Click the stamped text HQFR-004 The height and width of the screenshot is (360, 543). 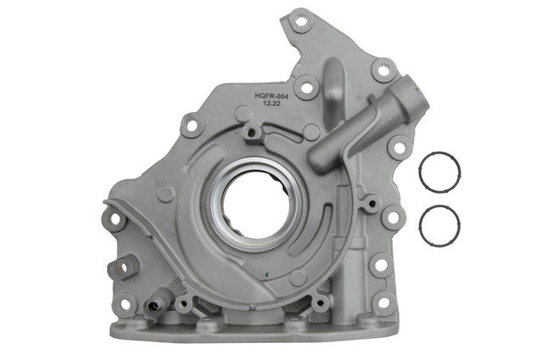tap(271, 96)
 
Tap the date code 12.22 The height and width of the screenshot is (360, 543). tap(271, 104)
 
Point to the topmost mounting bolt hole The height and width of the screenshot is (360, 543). tap(301, 21)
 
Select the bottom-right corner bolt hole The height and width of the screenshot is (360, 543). tap(384, 302)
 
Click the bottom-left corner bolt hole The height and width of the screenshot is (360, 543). tap(126, 304)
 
